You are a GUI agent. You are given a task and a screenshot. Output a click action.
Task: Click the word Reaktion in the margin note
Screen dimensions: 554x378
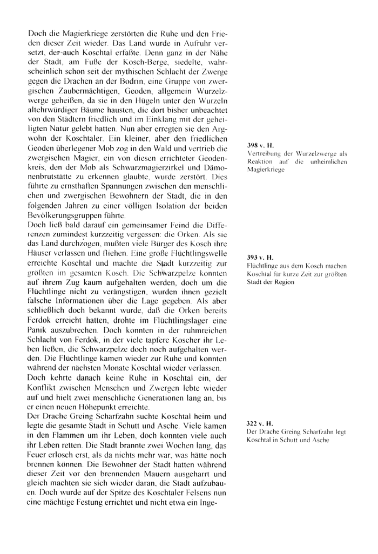[261, 161]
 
